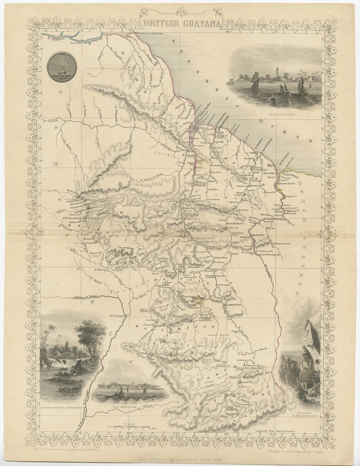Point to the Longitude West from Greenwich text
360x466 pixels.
pyautogui.click(x=277, y=431)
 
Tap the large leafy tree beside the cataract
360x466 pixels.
pyautogui.click(x=90, y=335)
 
